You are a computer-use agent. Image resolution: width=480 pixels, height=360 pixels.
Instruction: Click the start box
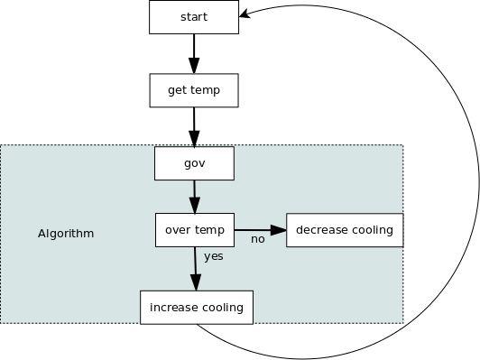pos(194,17)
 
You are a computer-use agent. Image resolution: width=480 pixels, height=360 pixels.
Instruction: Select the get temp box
pos(193,90)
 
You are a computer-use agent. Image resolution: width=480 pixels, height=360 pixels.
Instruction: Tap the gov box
pos(194,163)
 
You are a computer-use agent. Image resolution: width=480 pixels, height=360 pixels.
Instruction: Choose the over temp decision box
pos(195,229)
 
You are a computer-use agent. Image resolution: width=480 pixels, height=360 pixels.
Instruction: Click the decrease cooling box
pos(344,229)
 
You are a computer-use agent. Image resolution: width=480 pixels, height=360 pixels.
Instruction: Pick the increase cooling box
pos(197,307)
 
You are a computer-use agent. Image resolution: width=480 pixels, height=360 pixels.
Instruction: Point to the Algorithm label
pos(66,234)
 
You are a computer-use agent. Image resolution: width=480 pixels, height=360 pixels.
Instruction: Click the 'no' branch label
pos(257,239)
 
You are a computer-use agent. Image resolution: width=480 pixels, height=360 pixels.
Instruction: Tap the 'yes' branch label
pos(214,256)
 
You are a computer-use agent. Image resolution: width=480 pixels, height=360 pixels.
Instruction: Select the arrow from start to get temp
pos(193,52)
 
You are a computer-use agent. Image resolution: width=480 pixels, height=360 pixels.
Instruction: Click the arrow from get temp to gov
pos(193,125)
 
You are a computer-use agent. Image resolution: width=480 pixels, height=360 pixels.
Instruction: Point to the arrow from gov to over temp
pos(194,196)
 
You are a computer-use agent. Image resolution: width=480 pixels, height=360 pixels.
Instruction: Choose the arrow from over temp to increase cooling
pos(195,267)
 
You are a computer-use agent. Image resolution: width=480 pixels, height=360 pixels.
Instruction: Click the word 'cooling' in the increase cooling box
pos(222,308)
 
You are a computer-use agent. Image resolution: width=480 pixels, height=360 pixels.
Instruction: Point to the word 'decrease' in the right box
pos(324,229)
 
